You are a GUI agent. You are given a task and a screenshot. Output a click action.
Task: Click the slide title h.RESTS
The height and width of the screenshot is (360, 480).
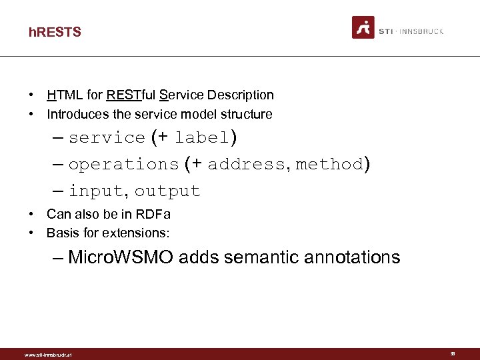(55, 32)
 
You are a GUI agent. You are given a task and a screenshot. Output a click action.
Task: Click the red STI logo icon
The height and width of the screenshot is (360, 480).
(363, 27)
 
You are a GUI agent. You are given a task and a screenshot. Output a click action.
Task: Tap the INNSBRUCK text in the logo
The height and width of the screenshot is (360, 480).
(421, 31)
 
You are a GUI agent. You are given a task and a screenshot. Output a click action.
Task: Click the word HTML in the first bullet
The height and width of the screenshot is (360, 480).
(61, 95)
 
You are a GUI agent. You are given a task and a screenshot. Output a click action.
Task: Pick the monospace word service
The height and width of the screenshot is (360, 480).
(107, 138)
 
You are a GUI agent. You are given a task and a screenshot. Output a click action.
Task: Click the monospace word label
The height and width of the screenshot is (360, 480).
(202, 138)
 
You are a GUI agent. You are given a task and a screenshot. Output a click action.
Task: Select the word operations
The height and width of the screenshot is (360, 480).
(123, 165)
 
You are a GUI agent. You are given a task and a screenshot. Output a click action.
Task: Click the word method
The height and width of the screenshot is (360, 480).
(329, 165)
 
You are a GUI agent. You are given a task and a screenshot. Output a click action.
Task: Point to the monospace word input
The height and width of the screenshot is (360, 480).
(95, 191)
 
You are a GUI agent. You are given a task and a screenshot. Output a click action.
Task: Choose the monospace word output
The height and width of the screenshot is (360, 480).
(167, 191)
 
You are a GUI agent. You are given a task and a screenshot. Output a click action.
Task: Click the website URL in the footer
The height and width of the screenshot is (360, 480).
(48, 355)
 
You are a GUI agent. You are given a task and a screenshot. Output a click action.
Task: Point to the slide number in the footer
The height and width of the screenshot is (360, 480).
(453, 354)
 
